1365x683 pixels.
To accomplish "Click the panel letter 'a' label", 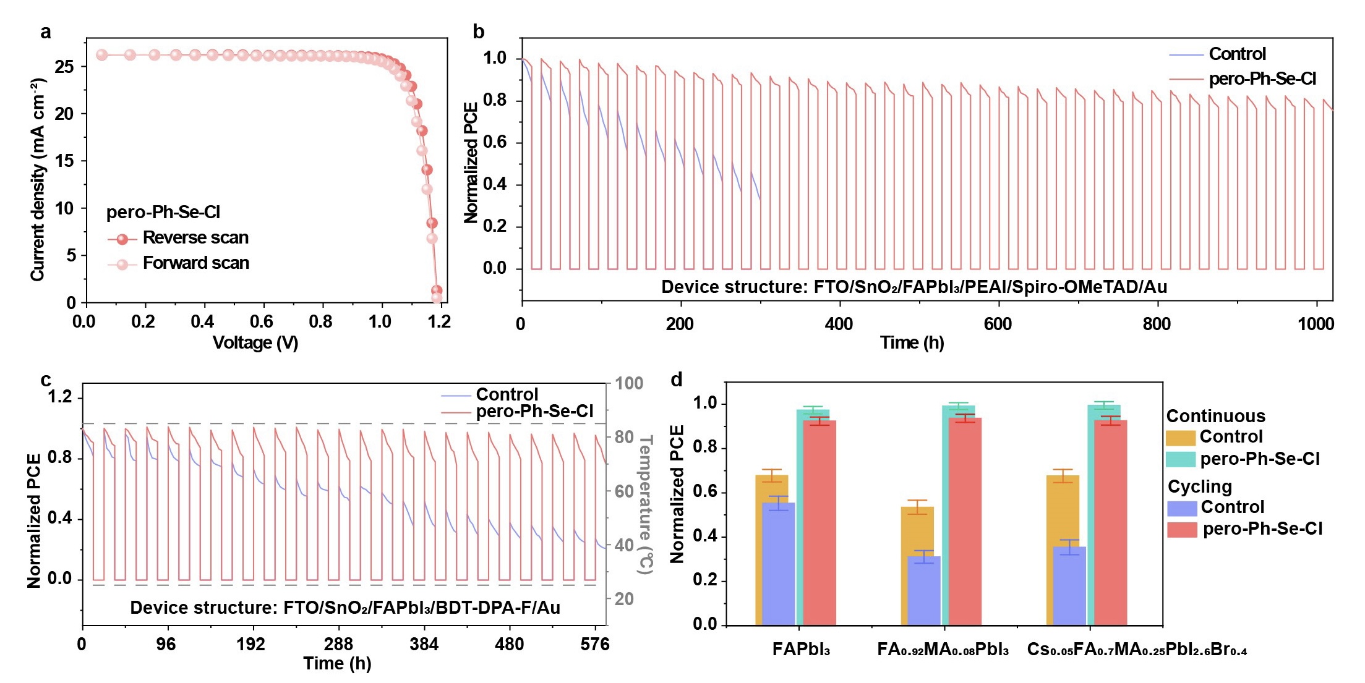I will pos(45,32).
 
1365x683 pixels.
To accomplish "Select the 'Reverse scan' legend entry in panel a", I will pos(195,238).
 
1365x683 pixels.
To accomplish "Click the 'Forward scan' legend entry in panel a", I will pos(195,263).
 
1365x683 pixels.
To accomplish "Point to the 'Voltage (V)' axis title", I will pos(255,343).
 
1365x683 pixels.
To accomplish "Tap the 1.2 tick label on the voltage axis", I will pos(439,321).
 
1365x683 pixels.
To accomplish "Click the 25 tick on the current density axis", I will pos(64,67).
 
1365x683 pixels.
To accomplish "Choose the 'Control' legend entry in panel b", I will pos(1237,54).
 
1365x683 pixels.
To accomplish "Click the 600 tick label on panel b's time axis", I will pos(998,324).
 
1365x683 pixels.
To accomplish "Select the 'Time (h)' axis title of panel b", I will pos(912,343).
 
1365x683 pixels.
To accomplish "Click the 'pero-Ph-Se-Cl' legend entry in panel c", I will pos(534,412).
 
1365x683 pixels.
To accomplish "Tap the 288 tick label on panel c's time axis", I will pos(338,645).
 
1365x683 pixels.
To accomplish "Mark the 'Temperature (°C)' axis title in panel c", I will pos(645,504).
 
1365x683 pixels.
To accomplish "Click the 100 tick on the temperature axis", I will pos(629,384).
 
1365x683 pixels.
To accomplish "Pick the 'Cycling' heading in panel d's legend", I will pos(1199,487).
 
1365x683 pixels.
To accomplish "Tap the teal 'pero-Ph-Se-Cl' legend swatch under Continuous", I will pos(1180,459).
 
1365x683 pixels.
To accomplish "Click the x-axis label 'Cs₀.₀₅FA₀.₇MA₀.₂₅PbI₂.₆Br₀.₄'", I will pos(1137,650).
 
